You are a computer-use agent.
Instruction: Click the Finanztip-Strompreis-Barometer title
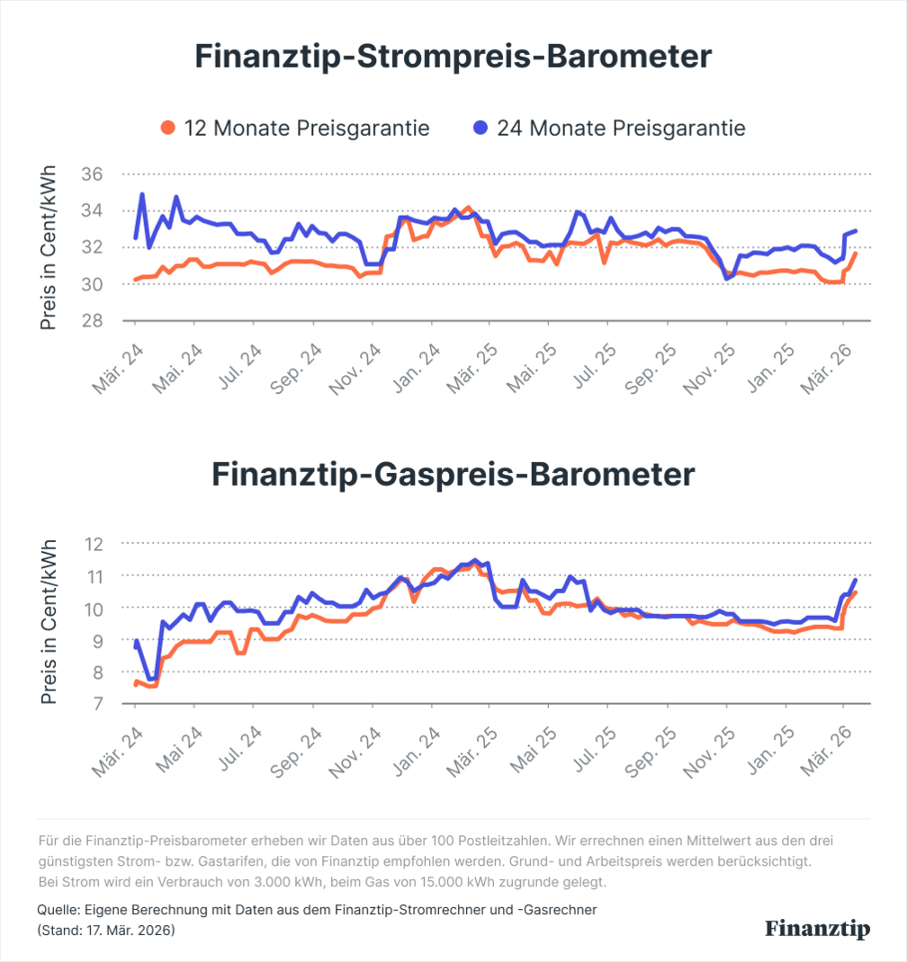tap(453, 58)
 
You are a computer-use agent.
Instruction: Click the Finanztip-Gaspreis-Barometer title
tap(453, 475)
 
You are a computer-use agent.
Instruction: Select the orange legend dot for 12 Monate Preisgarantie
tap(167, 129)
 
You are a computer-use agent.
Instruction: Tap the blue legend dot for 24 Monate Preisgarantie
tap(480, 129)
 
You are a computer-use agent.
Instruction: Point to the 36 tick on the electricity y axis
tap(93, 174)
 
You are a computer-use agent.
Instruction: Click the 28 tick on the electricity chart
tap(93, 320)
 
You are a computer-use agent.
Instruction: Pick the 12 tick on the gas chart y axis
tap(94, 543)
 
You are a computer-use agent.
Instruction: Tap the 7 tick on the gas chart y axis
tap(98, 704)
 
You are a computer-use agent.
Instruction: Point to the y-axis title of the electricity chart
tap(49, 247)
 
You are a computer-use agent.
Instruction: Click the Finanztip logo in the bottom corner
tap(818, 929)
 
